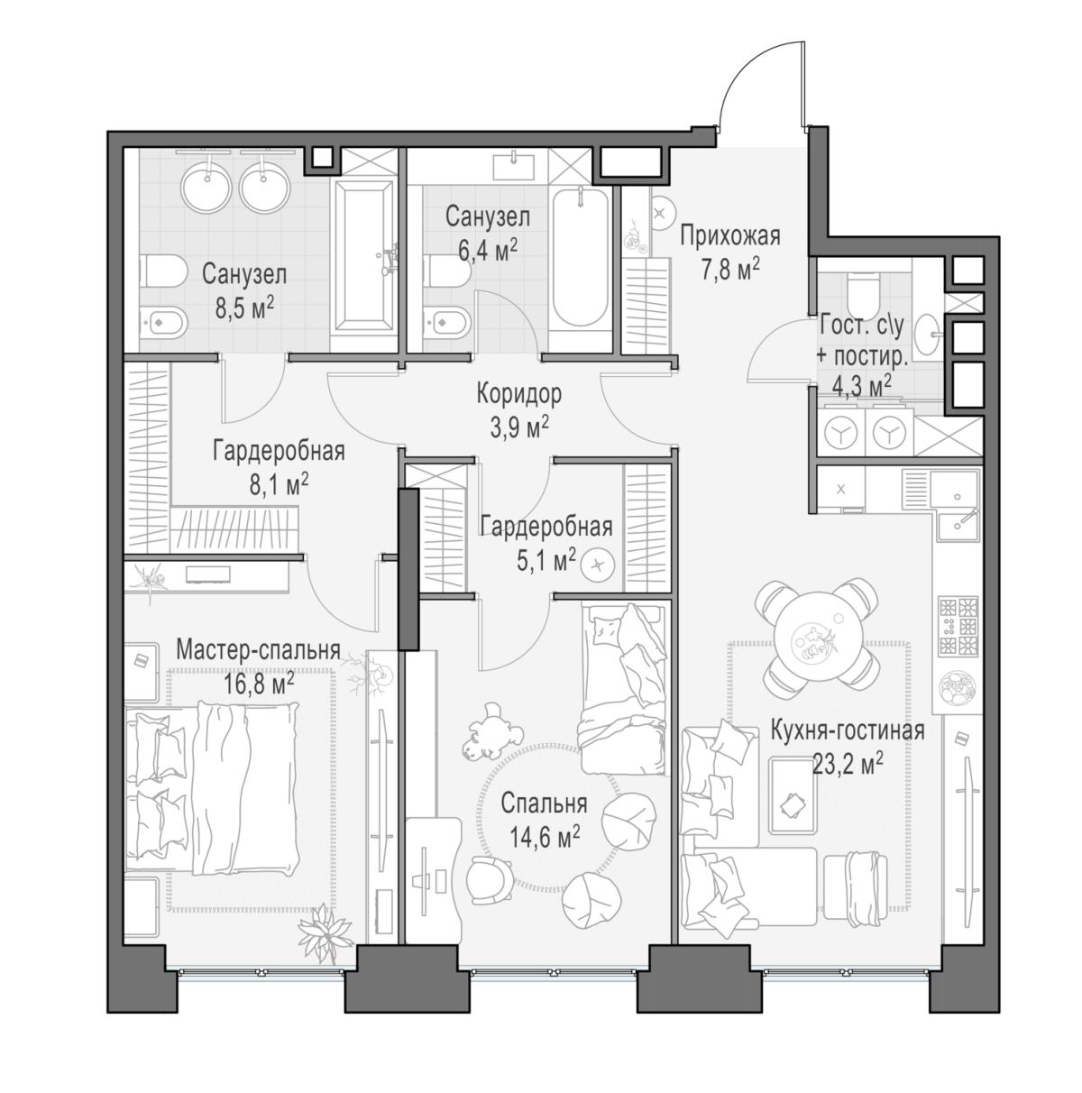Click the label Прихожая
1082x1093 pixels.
[x=729, y=235]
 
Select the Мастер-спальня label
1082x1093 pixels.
[x=258, y=650]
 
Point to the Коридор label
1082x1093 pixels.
[x=518, y=394]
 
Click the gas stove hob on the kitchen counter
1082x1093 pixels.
[x=958, y=626]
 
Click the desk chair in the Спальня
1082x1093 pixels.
[x=489, y=880]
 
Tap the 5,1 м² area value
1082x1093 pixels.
[x=544, y=562]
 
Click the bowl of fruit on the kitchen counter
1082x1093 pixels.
[x=958, y=688]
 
